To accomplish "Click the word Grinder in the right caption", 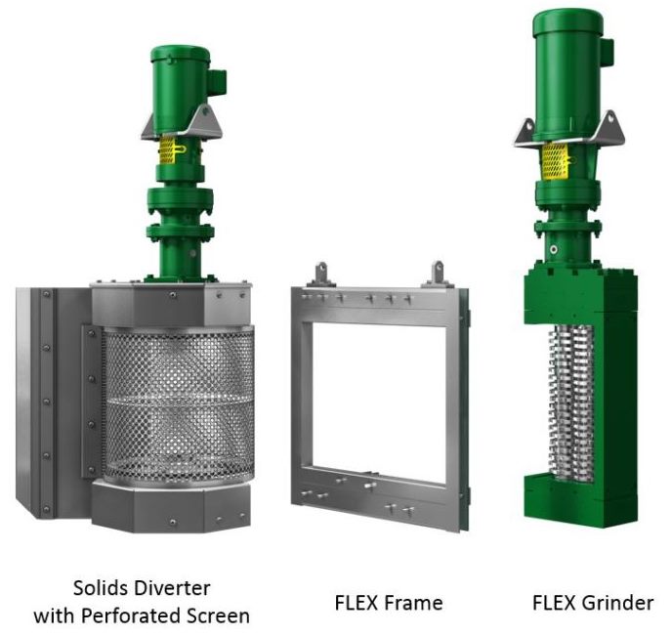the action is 619,603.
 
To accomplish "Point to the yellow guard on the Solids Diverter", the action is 168,150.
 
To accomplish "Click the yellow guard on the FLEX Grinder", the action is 555,161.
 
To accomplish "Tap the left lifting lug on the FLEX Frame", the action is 321,274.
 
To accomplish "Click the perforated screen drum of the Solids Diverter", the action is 179,406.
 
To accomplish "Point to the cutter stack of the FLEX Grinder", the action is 571,402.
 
